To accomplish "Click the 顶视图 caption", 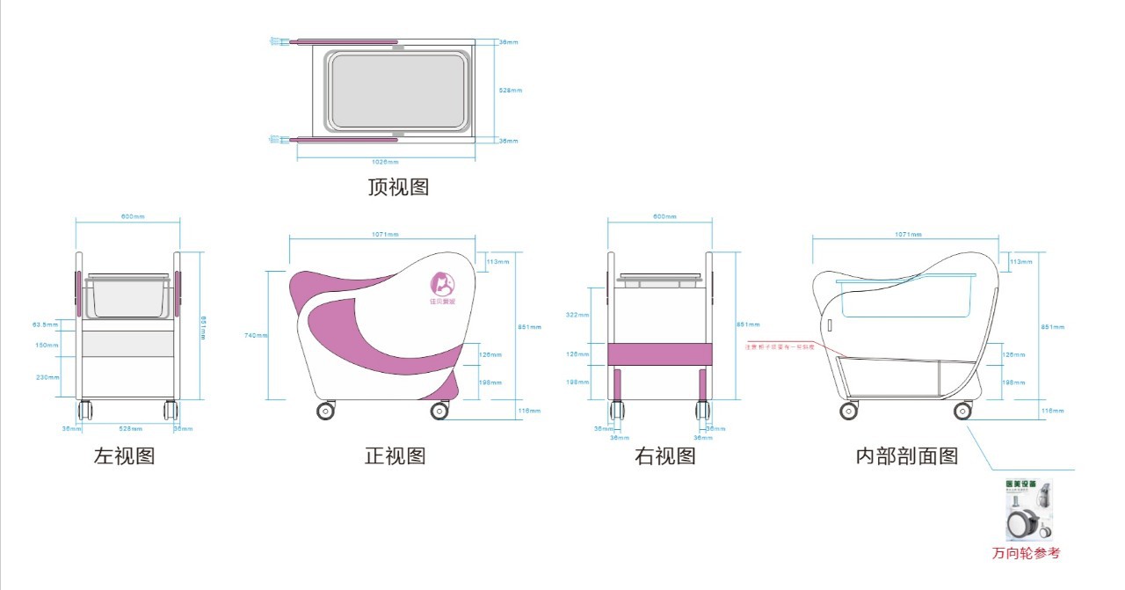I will (x=398, y=187).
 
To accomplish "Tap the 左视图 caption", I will (x=124, y=456).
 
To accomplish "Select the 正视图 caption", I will (x=396, y=456).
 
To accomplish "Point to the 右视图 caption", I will (x=665, y=456).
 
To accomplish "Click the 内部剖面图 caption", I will (x=907, y=456).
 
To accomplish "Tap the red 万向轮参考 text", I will (x=1026, y=553).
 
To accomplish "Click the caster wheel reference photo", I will (x=1029, y=511).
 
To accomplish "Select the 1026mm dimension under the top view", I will (x=385, y=163).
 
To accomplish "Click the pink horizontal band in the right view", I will (x=658, y=353).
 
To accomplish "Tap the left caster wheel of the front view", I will (x=325, y=411).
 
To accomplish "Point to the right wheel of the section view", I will (x=963, y=411).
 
